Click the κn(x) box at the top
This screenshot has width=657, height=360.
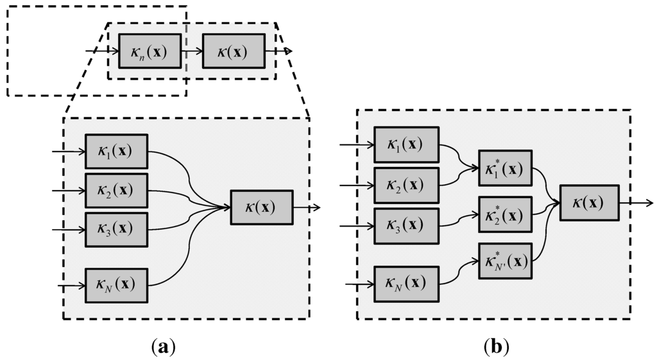(x=149, y=51)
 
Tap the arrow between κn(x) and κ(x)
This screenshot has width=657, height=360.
(x=191, y=51)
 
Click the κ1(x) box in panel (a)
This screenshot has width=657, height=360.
(x=116, y=151)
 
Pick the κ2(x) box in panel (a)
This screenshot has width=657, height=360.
(x=116, y=191)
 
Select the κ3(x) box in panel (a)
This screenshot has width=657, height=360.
(x=116, y=229)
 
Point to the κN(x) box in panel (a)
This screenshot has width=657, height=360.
(x=116, y=285)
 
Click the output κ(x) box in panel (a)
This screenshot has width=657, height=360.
(x=261, y=207)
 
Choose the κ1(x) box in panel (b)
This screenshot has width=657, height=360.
(x=406, y=144)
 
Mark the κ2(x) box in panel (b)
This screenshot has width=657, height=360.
(x=406, y=185)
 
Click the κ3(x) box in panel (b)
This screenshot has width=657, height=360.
(x=406, y=226)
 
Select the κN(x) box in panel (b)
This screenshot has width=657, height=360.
(x=406, y=283)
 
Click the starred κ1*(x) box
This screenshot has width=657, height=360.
(x=505, y=168)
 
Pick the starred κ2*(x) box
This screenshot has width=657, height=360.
(x=505, y=214)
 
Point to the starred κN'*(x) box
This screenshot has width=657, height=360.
(x=505, y=261)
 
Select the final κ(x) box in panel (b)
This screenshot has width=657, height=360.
(x=589, y=203)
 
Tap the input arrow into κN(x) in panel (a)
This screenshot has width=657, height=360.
(x=71, y=285)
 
